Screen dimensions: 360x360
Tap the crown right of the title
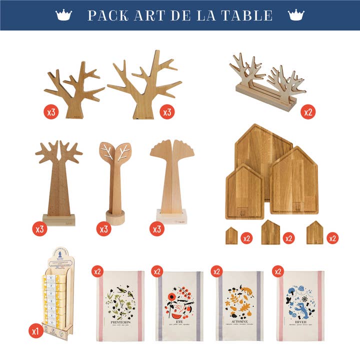click(x=296, y=15)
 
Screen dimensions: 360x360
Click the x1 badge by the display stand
click(x=36, y=331)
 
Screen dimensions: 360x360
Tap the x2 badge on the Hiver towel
click(x=278, y=271)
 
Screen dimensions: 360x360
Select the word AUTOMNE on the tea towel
click(x=240, y=323)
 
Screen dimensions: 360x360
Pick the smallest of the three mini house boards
click(x=231, y=235)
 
